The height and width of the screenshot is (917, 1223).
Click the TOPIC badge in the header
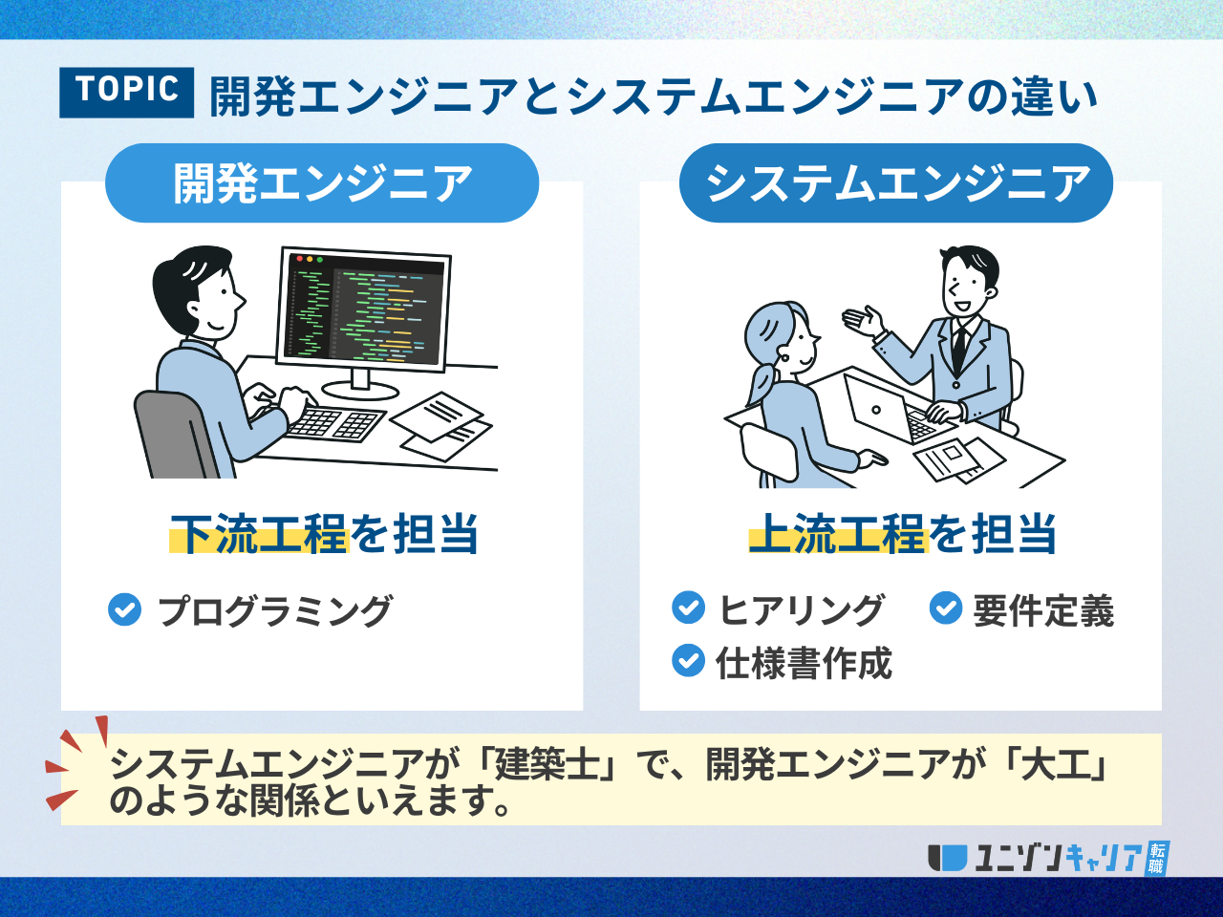(x=126, y=93)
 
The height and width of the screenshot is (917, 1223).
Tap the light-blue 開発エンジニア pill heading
(x=322, y=183)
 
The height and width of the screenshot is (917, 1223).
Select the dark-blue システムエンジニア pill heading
(x=896, y=183)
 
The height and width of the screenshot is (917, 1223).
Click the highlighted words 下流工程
(x=259, y=534)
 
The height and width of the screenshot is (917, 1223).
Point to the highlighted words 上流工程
(x=839, y=534)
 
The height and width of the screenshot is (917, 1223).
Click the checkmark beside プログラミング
(x=125, y=609)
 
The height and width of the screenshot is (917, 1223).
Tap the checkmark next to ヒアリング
(x=689, y=608)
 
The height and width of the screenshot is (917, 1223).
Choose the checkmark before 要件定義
(x=946, y=608)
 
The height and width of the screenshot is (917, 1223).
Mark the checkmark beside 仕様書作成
(x=689, y=660)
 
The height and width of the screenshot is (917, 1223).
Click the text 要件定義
(x=1043, y=610)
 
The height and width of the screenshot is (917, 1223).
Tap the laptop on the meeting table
(x=891, y=409)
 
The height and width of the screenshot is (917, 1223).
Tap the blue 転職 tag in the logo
(x=1157, y=858)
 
